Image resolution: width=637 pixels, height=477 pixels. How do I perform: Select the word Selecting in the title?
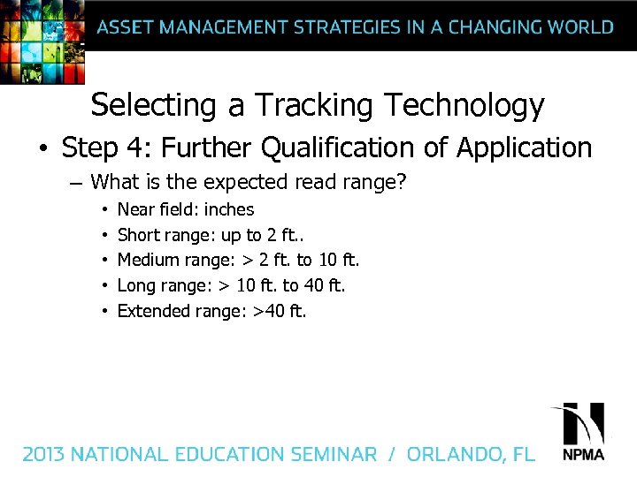click(154, 106)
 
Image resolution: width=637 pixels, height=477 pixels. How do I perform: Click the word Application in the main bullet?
click(524, 148)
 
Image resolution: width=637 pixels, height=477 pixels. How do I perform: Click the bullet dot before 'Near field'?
click(104, 210)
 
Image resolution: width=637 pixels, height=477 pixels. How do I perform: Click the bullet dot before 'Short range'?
click(104, 236)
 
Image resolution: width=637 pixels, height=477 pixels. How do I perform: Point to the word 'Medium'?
click(148, 261)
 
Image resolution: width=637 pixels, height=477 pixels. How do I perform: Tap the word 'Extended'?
click(151, 311)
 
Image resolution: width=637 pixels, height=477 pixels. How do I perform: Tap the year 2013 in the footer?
click(44, 455)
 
